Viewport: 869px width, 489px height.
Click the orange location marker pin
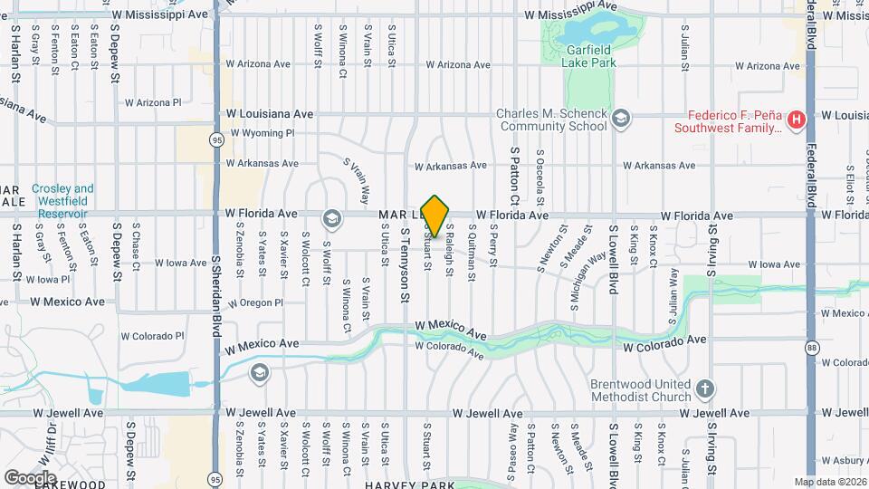(x=435, y=216)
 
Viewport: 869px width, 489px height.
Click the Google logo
(x=30, y=477)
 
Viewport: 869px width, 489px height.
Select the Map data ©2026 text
(x=830, y=482)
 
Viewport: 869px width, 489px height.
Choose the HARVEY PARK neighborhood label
(x=410, y=484)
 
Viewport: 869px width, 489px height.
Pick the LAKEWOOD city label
(x=65, y=484)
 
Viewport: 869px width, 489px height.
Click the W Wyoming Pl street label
(x=263, y=133)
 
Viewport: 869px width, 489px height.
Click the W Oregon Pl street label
(x=256, y=302)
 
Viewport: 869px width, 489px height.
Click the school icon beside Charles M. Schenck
(x=621, y=119)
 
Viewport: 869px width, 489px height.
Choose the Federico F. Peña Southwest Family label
(x=728, y=121)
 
